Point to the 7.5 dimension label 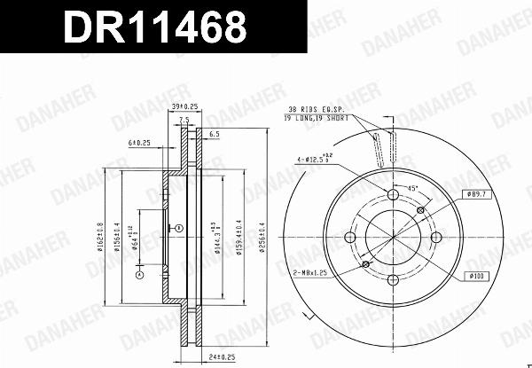click(x=184, y=121)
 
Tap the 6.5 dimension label click(x=214, y=134)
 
